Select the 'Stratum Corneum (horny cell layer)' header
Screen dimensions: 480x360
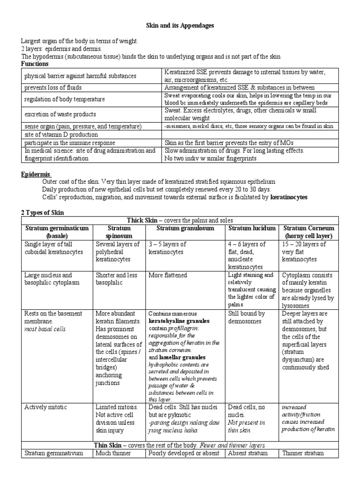308,232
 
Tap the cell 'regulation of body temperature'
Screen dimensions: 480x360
64,99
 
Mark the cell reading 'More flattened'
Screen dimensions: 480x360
168,275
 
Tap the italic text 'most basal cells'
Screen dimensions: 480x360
45,329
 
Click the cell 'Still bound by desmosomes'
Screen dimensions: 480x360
246,317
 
